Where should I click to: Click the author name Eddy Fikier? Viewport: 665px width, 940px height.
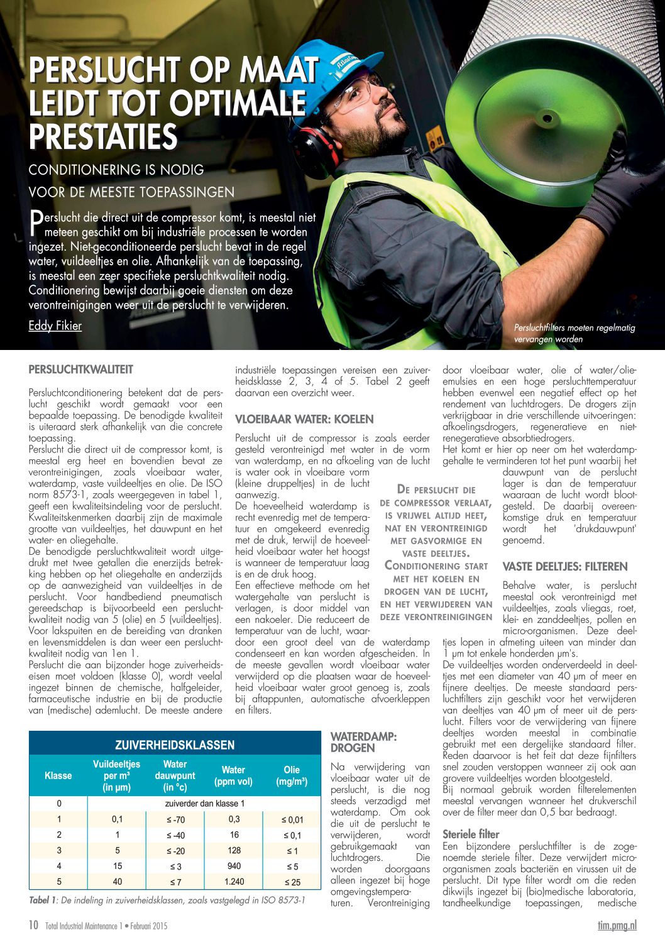point(55,326)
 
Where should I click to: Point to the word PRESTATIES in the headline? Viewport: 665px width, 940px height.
point(103,137)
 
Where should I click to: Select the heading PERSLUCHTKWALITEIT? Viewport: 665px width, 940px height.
point(81,369)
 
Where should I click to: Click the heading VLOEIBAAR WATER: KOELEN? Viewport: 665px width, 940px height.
point(304,419)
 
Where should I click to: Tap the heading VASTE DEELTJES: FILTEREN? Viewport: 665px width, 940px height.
point(565,567)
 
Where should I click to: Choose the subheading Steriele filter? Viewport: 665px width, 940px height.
point(471,834)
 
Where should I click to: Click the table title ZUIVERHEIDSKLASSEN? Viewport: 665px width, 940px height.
point(175,745)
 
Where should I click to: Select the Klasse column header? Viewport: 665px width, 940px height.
point(58,775)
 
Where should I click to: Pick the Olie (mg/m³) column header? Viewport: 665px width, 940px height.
point(292,775)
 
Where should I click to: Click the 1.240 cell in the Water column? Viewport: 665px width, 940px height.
point(234,882)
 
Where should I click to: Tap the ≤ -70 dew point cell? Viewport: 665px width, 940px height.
point(175,819)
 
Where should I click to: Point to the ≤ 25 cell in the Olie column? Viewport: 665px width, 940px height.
point(292,882)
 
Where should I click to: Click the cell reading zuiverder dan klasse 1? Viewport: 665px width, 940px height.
point(204,804)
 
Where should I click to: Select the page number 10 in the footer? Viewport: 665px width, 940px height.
point(34,925)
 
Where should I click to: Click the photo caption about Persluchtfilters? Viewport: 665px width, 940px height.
point(574,333)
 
